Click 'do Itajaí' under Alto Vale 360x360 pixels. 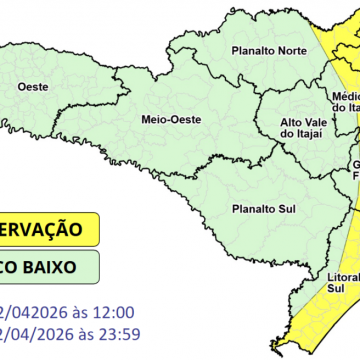click(x=300, y=135)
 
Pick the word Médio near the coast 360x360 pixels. click(x=345, y=96)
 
